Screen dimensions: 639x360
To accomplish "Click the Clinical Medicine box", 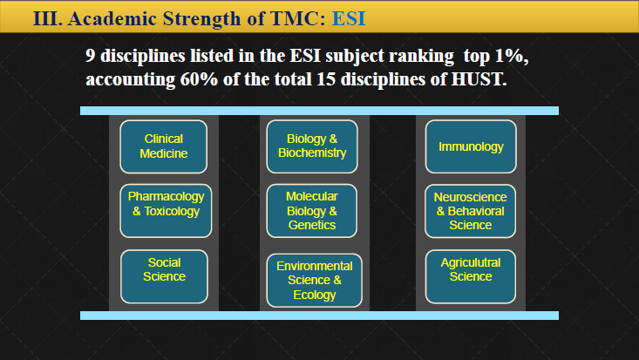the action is (163, 146).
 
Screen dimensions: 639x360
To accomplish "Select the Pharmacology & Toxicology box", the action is (166, 210).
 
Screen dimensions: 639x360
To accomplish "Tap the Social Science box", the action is (164, 276).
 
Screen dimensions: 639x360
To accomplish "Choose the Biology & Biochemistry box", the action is (312, 146).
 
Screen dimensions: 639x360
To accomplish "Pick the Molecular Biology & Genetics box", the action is (312, 210).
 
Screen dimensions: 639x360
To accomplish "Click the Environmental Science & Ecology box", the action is (314, 281).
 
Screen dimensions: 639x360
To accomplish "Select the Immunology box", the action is (471, 146).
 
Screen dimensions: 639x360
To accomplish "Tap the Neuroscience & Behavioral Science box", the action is (470, 211).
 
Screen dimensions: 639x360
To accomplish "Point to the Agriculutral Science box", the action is (470, 276).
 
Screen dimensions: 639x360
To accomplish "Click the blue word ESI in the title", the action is (349, 18).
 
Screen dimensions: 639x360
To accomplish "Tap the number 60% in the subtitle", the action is (200, 78).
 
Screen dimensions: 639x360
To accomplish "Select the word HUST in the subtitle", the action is (479, 78).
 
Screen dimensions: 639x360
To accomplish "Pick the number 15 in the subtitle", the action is (326, 78).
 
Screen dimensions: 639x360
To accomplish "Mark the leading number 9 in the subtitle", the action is (90, 56).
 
